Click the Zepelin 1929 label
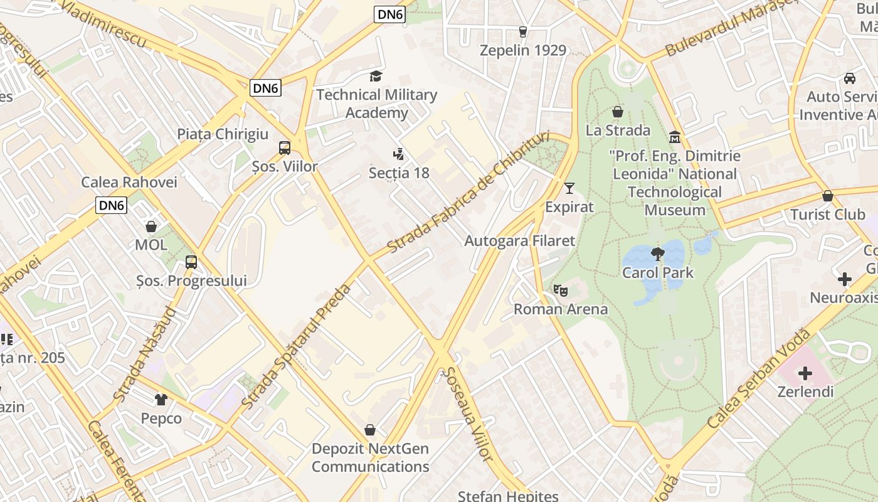coord(522,50)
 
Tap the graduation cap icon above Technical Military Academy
coord(375,77)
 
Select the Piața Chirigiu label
coord(223,134)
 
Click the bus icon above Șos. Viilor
coord(285,148)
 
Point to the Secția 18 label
coord(399,173)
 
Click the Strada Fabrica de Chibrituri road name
coord(468,192)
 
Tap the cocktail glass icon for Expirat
coord(569,188)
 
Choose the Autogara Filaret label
coord(519,241)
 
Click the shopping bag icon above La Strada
coord(618,112)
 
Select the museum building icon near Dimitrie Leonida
coord(675,137)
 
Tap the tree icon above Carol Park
coord(657,254)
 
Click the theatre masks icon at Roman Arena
coord(560,291)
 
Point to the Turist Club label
coord(827,215)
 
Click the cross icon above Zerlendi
coord(805,374)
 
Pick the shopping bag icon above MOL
coord(151,227)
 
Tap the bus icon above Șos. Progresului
coord(191,262)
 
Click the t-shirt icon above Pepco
coord(161,400)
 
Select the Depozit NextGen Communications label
coord(370,457)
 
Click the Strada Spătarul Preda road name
coord(297,346)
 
